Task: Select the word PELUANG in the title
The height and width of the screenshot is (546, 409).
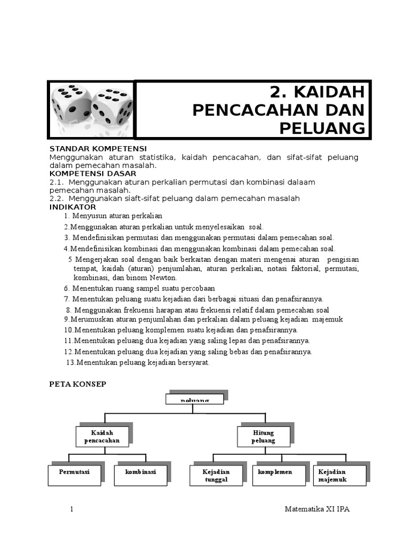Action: tap(323, 128)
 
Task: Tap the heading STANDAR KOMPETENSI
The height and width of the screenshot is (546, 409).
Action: tap(98, 148)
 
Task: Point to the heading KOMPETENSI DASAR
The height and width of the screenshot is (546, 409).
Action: tap(93, 173)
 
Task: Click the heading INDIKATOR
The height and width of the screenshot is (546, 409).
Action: tap(73, 206)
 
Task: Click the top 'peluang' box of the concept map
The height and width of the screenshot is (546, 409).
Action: tap(195, 399)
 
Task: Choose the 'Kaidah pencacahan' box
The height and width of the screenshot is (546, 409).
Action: tap(102, 437)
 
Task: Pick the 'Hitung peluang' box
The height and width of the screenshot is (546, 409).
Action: tap(263, 437)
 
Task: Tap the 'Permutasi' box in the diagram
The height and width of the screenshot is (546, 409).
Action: tap(74, 475)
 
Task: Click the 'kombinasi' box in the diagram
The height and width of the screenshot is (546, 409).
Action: tap(141, 475)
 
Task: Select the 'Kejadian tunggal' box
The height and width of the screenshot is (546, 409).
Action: tap(216, 475)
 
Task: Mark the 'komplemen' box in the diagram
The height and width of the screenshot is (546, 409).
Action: tap(279, 475)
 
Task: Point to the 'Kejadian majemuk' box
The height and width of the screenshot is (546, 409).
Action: tap(341, 475)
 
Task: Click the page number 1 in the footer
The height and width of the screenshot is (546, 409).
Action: tap(71, 510)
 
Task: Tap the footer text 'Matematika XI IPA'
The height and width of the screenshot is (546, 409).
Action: tap(317, 510)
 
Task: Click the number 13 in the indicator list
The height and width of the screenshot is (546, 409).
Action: tap(70, 363)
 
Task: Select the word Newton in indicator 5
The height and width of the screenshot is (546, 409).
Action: tap(164, 278)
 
